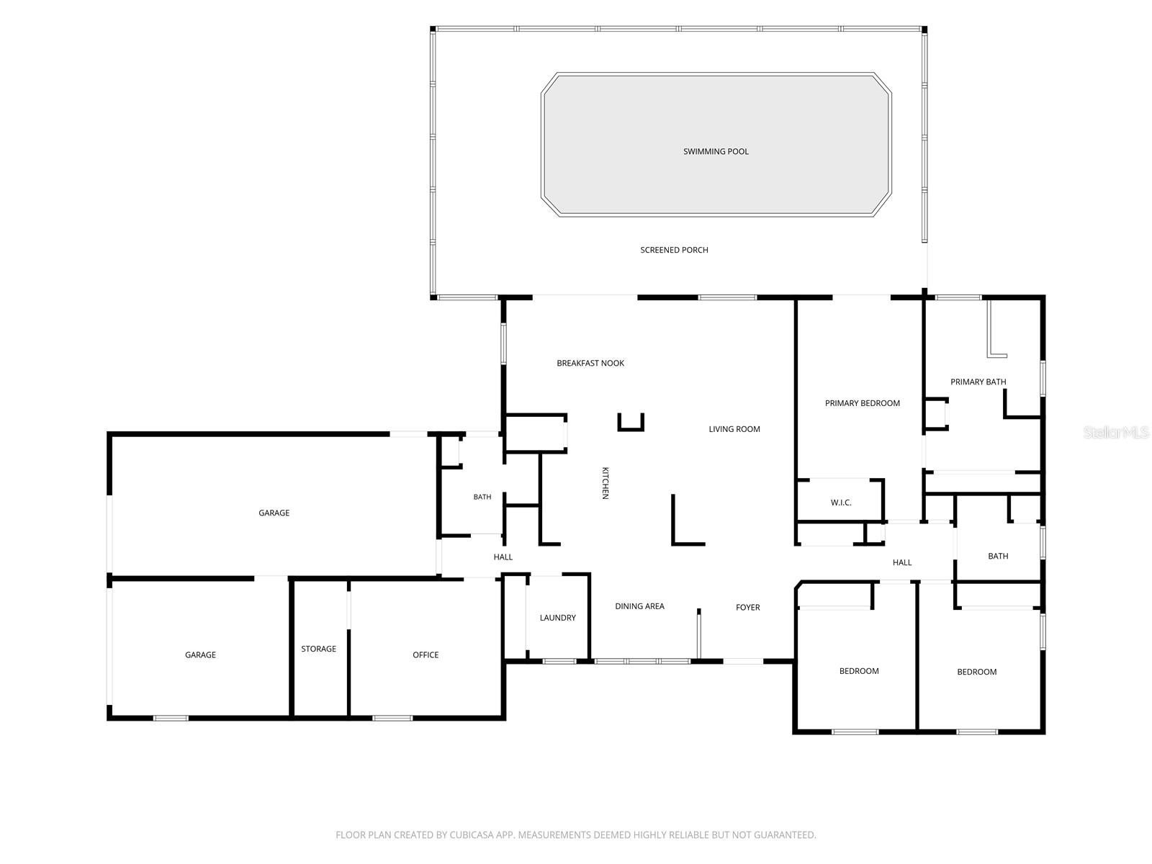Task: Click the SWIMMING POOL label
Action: [x=716, y=152]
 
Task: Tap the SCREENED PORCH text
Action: [x=674, y=251]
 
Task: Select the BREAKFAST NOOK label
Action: [x=590, y=363]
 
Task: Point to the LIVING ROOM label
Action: [x=734, y=429]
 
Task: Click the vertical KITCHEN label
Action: [x=605, y=483]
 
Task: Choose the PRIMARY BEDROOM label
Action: [x=863, y=403]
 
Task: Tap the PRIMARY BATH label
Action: [x=978, y=382]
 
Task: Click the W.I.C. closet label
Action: [x=841, y=503]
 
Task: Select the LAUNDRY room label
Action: [x=557, y=618]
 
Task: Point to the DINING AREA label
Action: [x=639, y=606]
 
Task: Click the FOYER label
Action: [x=748, y=608]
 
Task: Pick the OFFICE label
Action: [x=425, y=655]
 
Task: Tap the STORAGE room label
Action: [x=318, y=649]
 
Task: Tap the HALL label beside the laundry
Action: [x=503, y=557]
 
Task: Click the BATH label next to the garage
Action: [x=482, y=497]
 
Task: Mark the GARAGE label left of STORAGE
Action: [x=200, y=655]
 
